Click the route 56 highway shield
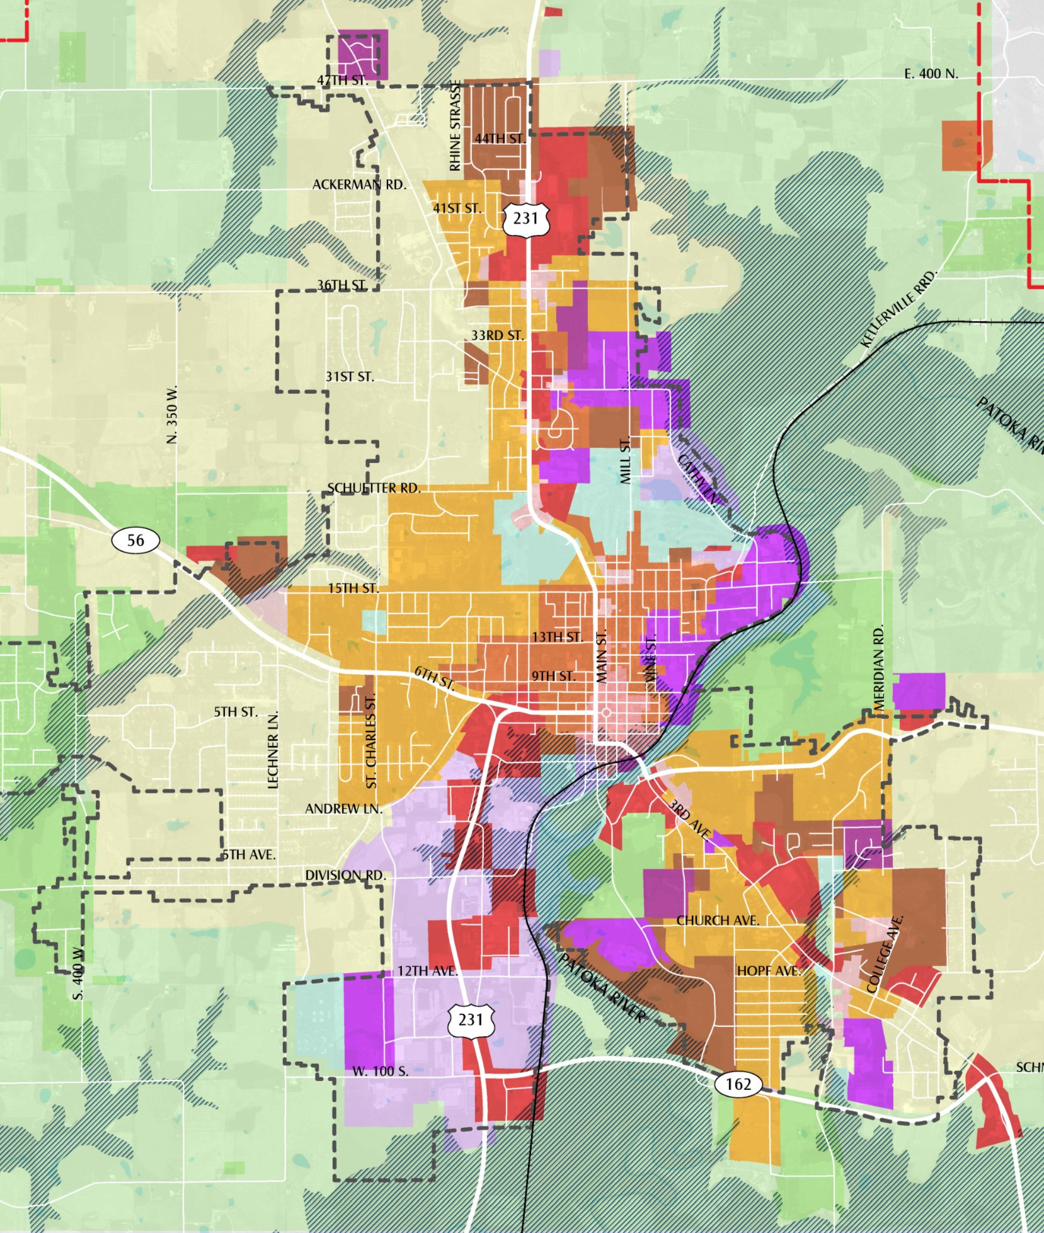coord(135,540)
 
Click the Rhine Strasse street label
coord(456,127)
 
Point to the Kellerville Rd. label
coord(899,309)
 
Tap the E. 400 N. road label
coord(931,74)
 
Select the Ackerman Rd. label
coord(359,185)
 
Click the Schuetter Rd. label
coord(374,488)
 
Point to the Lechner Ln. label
coord(273,750)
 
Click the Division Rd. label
coord(345,875)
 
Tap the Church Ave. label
coord(718,920)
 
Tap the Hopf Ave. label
coord(769,971)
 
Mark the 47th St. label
coord(342,81)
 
